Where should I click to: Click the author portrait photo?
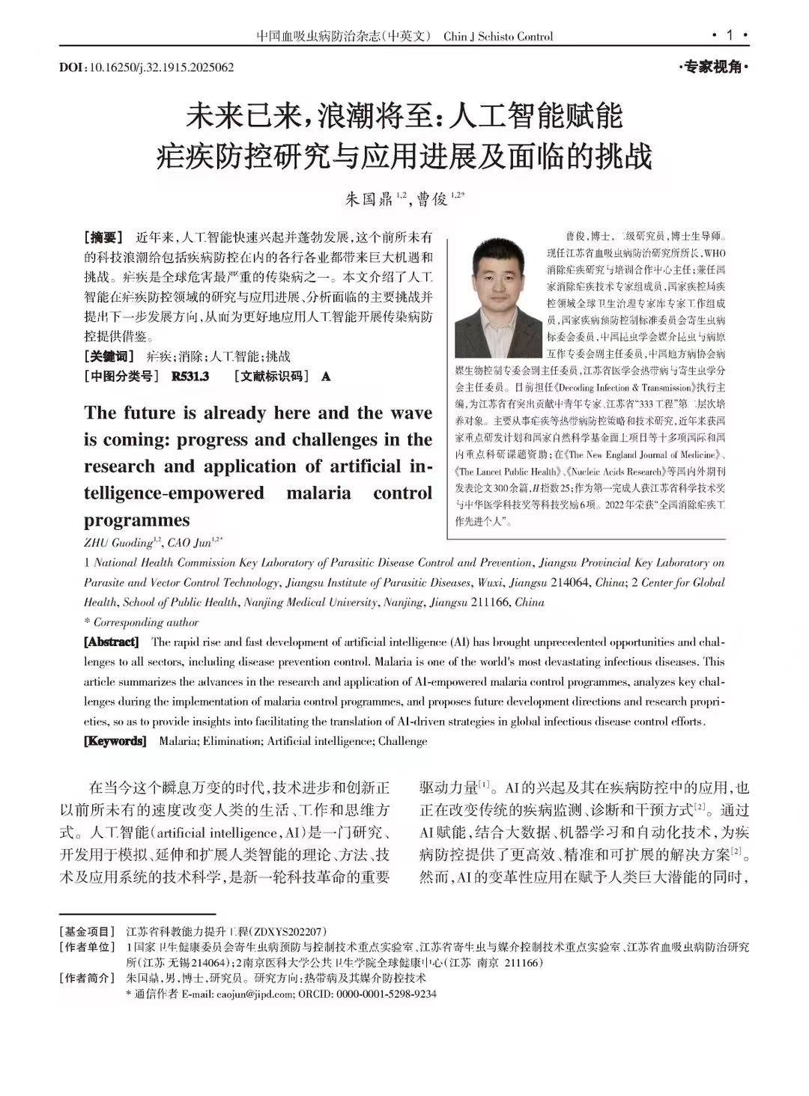tap(498, 297)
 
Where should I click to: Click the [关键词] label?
tap(109, 356)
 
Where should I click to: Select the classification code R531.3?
tap(190, 376)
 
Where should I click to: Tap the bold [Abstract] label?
tap(112, 642)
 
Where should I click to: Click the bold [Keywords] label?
tap(115, 741)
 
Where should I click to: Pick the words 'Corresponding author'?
tap(146, 622)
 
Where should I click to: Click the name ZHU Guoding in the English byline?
tap(118, 542)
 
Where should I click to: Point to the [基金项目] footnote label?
tap(88, 931)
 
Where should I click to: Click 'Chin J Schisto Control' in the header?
tap(498, 36)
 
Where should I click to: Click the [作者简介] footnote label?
tap(88, 978)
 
